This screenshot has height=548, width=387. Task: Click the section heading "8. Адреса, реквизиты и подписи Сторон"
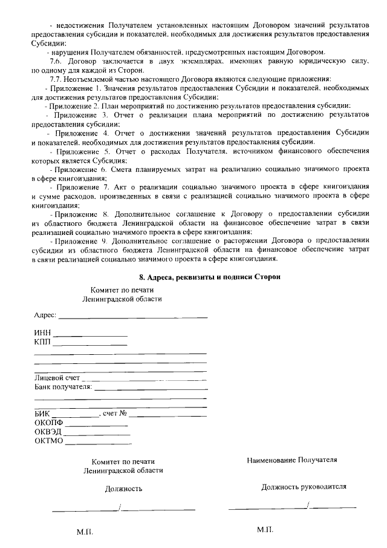click(210, 277)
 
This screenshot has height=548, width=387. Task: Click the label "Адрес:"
click(45, 315)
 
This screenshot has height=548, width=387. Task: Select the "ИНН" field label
click(43, 332)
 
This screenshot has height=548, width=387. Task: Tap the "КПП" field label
click(43, 342)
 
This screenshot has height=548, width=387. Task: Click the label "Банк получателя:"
click(63, 387)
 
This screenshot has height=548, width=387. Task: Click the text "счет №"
click(114, 414)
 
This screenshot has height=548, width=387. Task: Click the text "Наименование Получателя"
click(292, 460)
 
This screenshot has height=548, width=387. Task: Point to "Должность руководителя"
click(304, 486)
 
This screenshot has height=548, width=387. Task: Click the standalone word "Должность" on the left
click(124, 489)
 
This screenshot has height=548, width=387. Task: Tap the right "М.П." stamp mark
click(265, 529)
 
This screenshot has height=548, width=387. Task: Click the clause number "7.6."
click(56, 61)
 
